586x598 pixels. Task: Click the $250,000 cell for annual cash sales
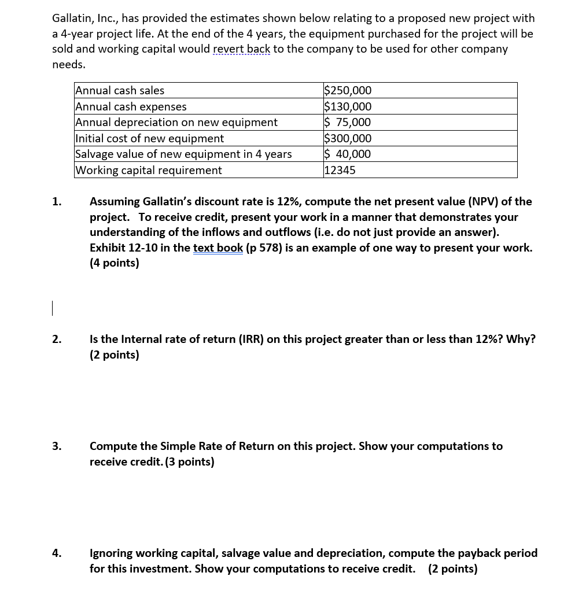[x=348, y=90]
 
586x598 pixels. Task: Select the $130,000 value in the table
[x=348, y=106]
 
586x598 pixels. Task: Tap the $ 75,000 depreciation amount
[x=348, y=122]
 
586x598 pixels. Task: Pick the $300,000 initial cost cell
[x=348, y=138]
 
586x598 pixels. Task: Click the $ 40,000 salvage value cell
[x=348, y=154]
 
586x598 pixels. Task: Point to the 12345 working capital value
[x=340, y=170]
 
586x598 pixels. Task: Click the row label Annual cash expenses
[x=131, y=106]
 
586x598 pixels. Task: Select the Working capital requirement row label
[x=149, y=170]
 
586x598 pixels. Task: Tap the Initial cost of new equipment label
[x=150, y=138]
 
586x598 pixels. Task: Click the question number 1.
[x=56, y=202]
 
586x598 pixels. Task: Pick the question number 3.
[x=56, y=446]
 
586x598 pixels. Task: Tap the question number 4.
[x=56, y=553]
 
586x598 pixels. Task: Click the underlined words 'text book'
[x=218, y=248]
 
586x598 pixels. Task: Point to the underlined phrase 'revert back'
[x=242, y=49]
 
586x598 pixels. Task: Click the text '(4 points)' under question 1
[x=115, y=263]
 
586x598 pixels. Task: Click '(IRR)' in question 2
[x=250, y=339]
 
